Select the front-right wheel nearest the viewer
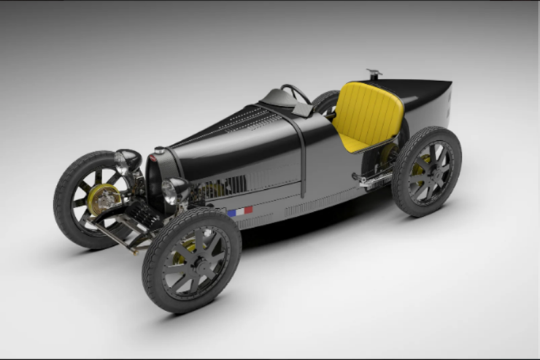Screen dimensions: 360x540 click(x=192, y=260)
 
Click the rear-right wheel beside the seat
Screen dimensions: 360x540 click(x=426, y=171)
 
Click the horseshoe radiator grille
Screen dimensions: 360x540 click(x=155, y=183)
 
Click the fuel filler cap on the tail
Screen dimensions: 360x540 click(x=374, y=74)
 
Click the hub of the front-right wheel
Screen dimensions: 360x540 click(x=191, y=261)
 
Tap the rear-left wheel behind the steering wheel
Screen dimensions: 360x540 click(x=325, y=102)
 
